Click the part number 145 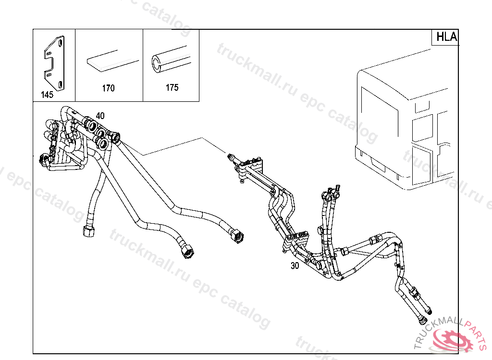coord(47,95)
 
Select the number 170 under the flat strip coord(108,88)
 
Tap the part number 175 coord(172,87)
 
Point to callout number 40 coord(100,116)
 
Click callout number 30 coord(295,265)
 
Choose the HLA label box coord(446,37)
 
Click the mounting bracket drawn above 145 coord(54,62)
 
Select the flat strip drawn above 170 coord(111,60)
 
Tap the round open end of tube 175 coord(157,62)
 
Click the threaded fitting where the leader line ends coord(231,156)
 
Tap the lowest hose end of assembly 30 coord(423,319)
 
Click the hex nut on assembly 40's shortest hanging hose coord(89,231)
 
